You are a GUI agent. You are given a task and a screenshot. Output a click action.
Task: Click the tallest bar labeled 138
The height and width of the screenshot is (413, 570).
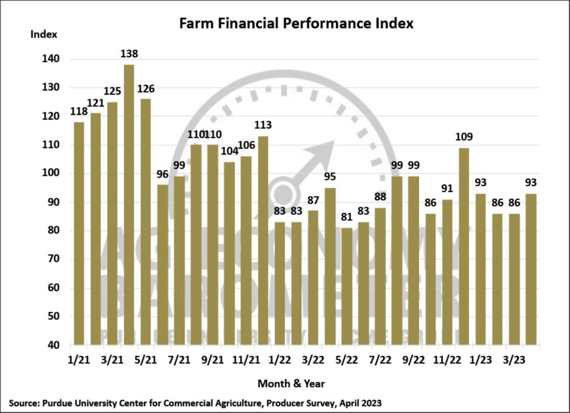coord(129,204)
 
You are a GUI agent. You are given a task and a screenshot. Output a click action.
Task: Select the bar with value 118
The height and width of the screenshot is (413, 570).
coord(79,233)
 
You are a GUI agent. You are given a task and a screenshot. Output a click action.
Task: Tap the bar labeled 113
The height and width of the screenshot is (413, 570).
coord(262,240)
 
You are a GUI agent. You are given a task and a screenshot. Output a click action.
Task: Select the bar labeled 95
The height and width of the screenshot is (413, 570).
coord(330,266)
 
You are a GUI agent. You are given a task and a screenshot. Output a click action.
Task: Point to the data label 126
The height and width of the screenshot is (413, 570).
coord(145,89)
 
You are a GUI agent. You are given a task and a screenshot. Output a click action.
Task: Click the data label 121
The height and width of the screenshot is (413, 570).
coord(95,103)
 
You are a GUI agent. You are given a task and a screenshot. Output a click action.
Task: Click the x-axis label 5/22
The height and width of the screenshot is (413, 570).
coord(347,360)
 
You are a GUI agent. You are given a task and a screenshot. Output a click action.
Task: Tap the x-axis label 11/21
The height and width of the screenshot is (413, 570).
coord(246,360)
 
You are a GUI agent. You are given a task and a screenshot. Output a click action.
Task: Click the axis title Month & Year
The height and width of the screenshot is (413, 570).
coord(291,383)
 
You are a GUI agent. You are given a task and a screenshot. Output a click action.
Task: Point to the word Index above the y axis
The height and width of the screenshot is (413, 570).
coord(44,34)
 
